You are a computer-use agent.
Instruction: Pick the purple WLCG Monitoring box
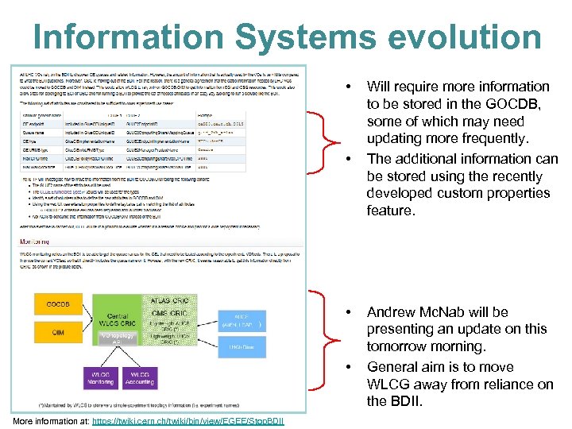coord(100,377)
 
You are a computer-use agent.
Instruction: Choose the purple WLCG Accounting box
coord(140,377)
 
